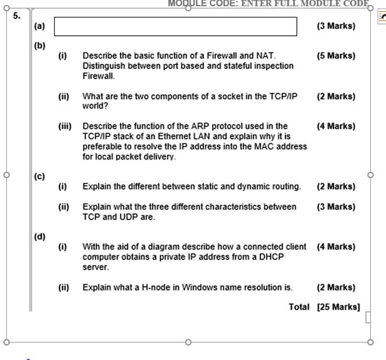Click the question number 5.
click(17, 16)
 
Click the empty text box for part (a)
click(176, 26)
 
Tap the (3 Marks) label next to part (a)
click(336, 26)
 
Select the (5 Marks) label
click(336, 56)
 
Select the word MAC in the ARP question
click(264, 146)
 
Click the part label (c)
click(40, 177)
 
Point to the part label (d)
click(40, 237)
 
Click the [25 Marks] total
click(338, 307)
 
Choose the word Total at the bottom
click(299, 307)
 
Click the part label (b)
click(40, 46)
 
